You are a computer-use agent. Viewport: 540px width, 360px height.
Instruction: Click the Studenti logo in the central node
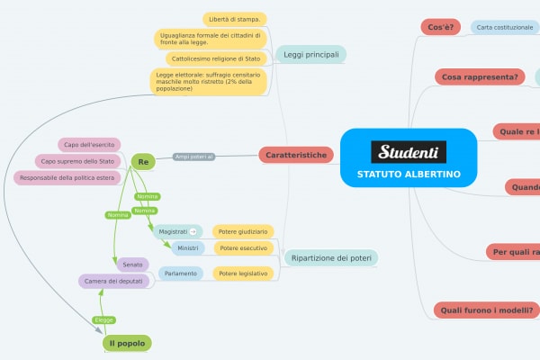409,151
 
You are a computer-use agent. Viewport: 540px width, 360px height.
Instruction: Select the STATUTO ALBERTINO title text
409,174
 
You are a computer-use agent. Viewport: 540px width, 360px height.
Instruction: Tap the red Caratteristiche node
295,156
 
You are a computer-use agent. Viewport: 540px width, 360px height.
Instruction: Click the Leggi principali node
310,55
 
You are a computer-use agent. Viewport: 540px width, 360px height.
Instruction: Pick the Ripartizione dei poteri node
331,258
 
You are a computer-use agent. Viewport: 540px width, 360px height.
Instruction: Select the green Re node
143,161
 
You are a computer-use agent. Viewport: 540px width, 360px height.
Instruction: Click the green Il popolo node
126,343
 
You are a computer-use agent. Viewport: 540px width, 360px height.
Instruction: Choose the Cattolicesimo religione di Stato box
215,58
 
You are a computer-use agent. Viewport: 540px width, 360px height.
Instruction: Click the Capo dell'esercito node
89,144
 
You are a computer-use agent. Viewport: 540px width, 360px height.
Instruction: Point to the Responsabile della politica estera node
69,177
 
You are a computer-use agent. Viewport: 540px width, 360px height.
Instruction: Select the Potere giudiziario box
243,231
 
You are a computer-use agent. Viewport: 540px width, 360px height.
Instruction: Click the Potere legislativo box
243,273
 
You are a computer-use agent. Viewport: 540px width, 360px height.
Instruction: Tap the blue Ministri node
188,247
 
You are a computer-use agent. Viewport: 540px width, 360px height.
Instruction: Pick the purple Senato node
132,265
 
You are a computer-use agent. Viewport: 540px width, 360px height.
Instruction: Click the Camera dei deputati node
114,282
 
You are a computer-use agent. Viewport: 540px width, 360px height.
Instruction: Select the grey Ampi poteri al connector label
193,157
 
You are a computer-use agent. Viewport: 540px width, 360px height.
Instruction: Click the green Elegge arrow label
104,319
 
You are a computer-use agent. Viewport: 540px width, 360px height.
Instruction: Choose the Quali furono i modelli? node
487,310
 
